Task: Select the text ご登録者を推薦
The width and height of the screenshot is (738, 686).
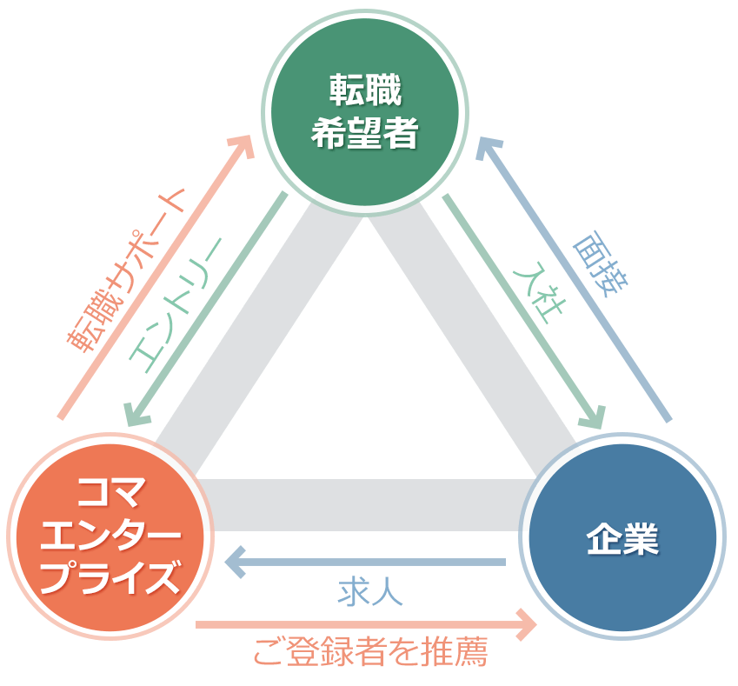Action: coord(370,651)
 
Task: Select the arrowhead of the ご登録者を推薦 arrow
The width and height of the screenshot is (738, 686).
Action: coord(525,623)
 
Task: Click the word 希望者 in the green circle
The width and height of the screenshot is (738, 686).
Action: coord(366,133)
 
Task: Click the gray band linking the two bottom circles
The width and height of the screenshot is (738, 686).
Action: coord(365,504)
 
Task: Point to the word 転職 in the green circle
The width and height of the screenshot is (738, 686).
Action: coord(366,89)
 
